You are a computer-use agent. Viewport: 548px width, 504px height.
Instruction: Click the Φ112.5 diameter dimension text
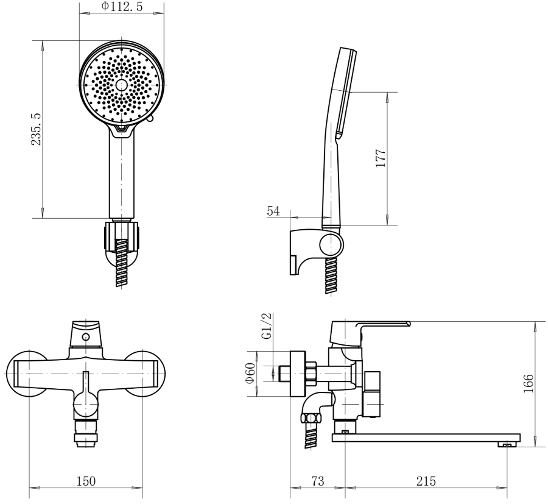[x=122, y=6]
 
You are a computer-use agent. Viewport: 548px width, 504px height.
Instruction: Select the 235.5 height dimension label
[x=37, y=129]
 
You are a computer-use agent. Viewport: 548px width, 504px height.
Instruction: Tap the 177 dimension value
[x=381, y=158]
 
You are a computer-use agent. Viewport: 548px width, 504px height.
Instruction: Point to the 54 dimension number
[x=273, y=211]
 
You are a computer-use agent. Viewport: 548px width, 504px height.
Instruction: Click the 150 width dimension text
[x=86, y=481]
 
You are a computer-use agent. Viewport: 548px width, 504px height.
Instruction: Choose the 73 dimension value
[x=318, y=481]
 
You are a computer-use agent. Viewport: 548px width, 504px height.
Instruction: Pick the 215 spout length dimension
[x=426, y=481]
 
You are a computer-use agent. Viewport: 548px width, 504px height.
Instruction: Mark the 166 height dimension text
[x=529, y=383]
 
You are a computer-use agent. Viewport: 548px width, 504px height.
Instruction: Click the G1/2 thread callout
[x=266, y=325]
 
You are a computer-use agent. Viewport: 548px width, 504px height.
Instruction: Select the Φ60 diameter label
[x=250, y=373]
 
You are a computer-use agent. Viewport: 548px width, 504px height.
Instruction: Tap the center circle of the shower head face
[x=122, y=84]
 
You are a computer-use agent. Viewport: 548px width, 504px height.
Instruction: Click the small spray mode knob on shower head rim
[x=150, y=119]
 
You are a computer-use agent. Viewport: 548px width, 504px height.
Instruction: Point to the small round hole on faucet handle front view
[x=85, y=337]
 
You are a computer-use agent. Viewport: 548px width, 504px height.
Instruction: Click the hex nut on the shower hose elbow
[x=311, y=419]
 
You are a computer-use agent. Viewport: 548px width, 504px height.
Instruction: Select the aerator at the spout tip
[x=507, y=444]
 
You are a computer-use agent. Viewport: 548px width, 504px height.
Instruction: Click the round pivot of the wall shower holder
[x=332, y=245]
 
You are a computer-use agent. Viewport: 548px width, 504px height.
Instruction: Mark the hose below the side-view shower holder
[x=331, y=275]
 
